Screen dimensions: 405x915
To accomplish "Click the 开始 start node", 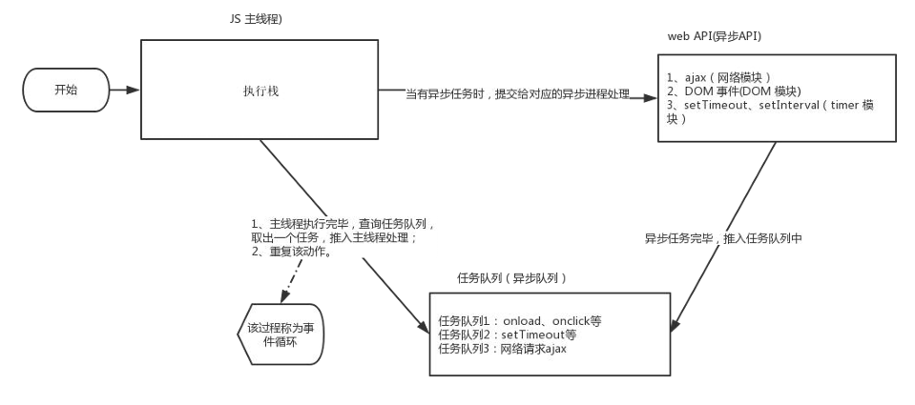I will pyautogui.click(x=66, y=91).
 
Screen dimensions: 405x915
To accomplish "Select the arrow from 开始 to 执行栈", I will pyautogui.click(x=123, y=91).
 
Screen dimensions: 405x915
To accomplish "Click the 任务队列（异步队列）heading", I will pyautogui.click(x=512, y=278).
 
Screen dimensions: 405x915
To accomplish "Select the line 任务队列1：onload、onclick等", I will pyautogui.click(x=520, y=320).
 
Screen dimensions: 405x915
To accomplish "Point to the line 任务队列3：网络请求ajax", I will pyautogui.click(x=503, y=349).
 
